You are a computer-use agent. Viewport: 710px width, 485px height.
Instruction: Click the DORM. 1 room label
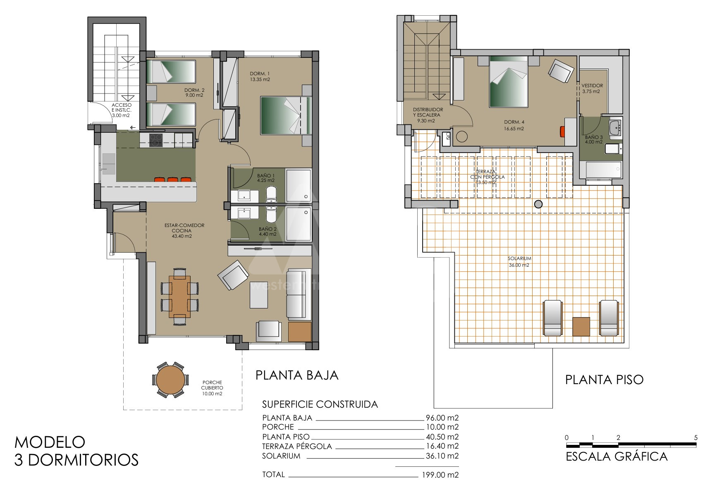coord(260,76)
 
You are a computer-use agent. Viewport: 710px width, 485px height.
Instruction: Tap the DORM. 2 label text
coord(194,93)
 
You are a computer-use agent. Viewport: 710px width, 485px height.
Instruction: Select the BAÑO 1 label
coord(265,178)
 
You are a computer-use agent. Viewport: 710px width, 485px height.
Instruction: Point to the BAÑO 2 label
coord(268,231)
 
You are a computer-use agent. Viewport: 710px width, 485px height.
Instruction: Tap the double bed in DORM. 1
coord(286,115)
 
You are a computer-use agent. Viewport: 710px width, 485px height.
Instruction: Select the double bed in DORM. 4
coord(509,81)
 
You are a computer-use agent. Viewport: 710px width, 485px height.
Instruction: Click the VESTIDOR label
coord(592,88)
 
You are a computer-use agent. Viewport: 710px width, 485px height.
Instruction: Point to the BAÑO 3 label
coord(593,139)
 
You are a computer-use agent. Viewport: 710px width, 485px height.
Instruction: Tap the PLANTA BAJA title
coord(297,375)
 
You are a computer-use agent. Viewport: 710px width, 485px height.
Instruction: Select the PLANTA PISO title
coord(604,380)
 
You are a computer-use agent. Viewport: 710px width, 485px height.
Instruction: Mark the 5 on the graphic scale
coord(696,437)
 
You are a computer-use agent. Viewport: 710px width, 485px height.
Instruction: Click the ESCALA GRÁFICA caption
coord(616,456)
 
